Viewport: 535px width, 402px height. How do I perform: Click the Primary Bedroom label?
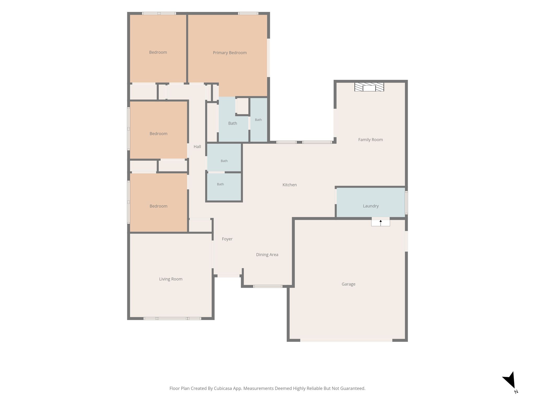[x=230, y=53]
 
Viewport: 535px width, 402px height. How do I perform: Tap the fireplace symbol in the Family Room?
[x=369, y=87]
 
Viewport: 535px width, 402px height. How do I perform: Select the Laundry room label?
[x=371, y=206]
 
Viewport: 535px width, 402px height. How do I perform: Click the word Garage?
[x=348, y=284]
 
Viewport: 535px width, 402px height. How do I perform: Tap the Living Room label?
[x=171, y=279]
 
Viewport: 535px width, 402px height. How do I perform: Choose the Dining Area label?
[x=267, y=255]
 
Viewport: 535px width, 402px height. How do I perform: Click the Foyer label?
[x=227, y=239]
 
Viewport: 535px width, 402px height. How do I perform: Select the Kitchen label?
[x=289, y=185]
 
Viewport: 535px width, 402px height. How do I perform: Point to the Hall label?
[x=197, y=147]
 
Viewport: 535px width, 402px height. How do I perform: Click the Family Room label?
[x=370, y=140]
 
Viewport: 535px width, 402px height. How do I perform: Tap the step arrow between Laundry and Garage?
[x=381, y=223]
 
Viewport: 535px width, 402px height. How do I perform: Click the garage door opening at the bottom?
[x=346, y=340]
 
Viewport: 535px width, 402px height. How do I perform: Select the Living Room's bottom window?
[x=172, y=319]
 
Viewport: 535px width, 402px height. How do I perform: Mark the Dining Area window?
[x=268, y=286]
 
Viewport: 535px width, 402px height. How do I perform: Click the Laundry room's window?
[x=406, y=203]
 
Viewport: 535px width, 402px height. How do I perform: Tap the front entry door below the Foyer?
[x=229, y=276]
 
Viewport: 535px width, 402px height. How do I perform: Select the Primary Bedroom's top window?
[x=248, y=13]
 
